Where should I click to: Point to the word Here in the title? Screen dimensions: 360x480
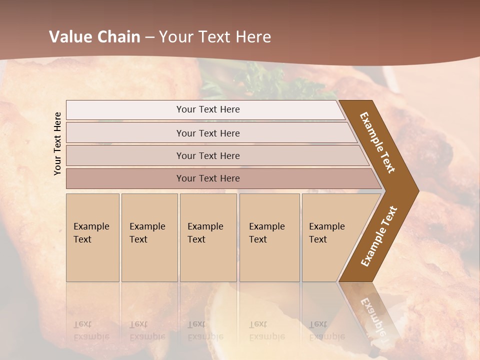point(253,37)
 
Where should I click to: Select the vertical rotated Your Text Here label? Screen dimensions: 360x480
point(57,143)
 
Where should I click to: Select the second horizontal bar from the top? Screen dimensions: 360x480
point(207,133)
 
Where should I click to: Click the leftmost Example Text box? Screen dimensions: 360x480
point(92,237)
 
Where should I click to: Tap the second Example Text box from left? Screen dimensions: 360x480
point(149,237)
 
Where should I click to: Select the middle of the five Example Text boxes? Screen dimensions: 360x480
point(208,237)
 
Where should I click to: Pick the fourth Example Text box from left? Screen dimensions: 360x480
point(269,237)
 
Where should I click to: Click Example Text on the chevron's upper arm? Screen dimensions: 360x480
point(377,142)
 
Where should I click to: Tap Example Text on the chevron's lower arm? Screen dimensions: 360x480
point(378,236)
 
